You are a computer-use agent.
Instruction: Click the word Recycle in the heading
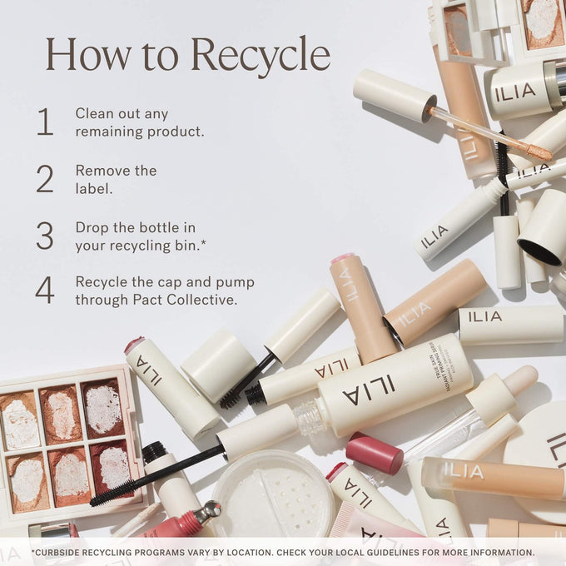[260, 56]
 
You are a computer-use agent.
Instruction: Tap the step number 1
[44, 122]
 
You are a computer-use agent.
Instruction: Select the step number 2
[44, 179]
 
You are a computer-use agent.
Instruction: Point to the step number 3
[44, 236]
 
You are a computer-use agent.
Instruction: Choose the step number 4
[44, 290]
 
